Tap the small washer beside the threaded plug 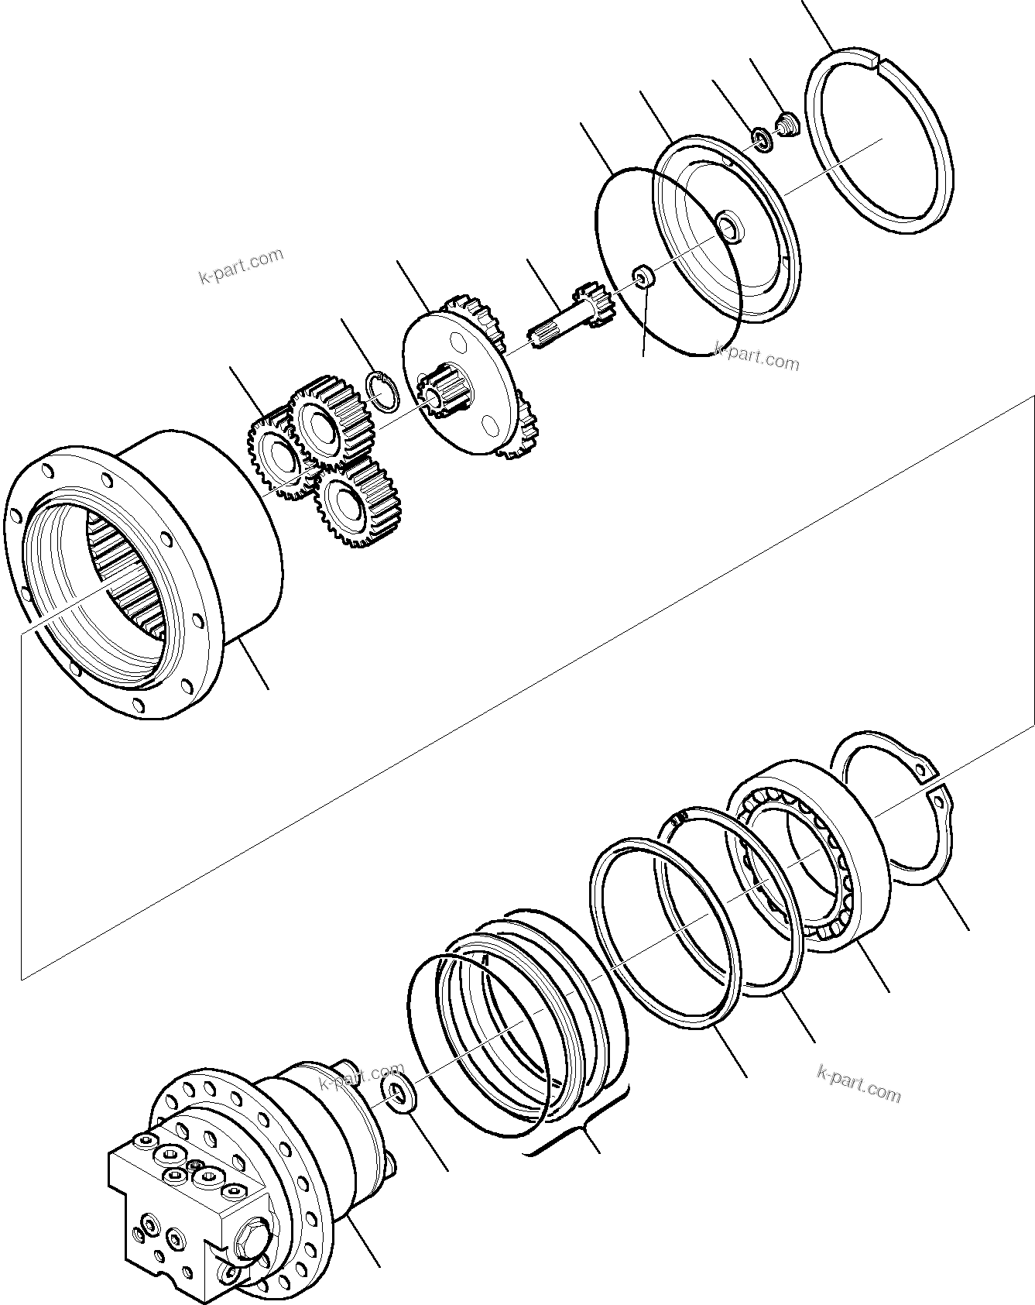click(762, 140)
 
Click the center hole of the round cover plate click(728, 228)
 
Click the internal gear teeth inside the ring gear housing click(128, 573)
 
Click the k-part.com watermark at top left click(242, 266)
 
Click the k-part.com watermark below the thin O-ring click(756, 357)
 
